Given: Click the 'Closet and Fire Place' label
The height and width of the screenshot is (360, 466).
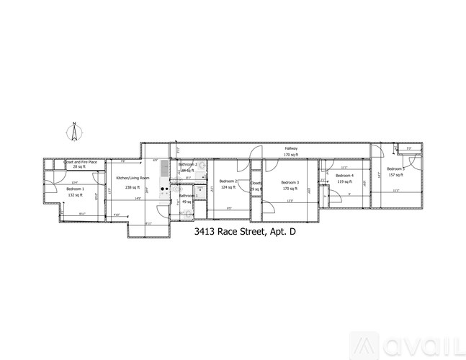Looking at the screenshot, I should [x=81, y=161].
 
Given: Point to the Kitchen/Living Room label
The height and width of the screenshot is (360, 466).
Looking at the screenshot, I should [x=133, y=177].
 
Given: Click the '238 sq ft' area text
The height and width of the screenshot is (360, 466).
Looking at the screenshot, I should [x=133, y=186].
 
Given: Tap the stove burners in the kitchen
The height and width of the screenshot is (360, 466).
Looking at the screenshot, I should [x=164, y=191].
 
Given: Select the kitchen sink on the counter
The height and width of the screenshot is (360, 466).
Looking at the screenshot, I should [x=164, y=170].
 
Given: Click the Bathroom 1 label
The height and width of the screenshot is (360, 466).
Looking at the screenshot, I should [x=189, y=196].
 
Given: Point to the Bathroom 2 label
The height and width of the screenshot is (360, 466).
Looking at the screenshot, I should [x=188, y=165].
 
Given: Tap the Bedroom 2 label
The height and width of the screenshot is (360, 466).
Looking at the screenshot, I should [x=228, y=181].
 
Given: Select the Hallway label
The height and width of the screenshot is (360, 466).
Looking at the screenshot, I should [x=290, y=148].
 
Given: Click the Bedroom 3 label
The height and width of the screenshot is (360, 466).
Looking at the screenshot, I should [x=290, y=182].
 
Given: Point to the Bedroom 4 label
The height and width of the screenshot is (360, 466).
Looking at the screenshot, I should [x=344, y=176].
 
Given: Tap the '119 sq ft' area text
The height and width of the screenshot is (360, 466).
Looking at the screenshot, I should [x=344, y=182].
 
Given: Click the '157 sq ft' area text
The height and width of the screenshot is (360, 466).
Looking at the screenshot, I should [x=395, y=175].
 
